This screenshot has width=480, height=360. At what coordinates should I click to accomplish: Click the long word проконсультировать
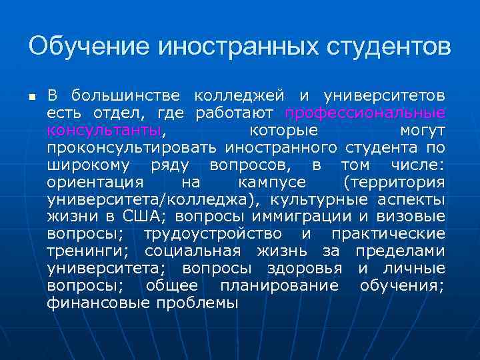click(133, 147)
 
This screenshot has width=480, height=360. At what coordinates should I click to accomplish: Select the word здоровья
click(305, 269)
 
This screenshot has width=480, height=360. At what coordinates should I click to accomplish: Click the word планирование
click(279, 286)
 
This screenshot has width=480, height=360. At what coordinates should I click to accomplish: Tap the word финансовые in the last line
click(99, 303)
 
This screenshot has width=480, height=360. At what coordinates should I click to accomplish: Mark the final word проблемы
click(197, 303)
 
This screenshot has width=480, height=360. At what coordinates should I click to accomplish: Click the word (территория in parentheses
click(394, 181)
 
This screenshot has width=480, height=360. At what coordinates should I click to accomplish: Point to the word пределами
click(400, 251)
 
